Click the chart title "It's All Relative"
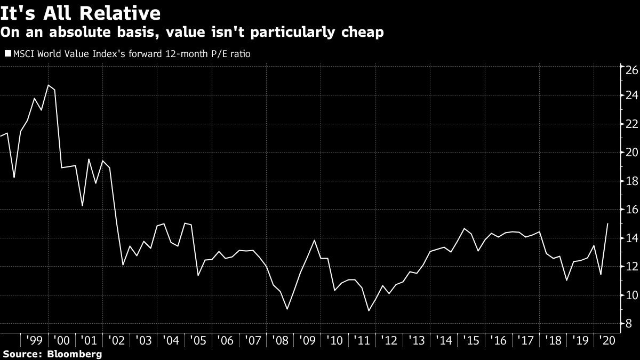[x=81, y=12]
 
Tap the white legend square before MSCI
[x=7, y=53]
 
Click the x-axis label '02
[x=116, y=340]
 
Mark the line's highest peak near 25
[x=48, y=85]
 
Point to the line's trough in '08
[x=287, y=309]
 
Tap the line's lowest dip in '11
[x=368, y=310]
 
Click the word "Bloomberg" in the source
[x=74, y=354]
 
